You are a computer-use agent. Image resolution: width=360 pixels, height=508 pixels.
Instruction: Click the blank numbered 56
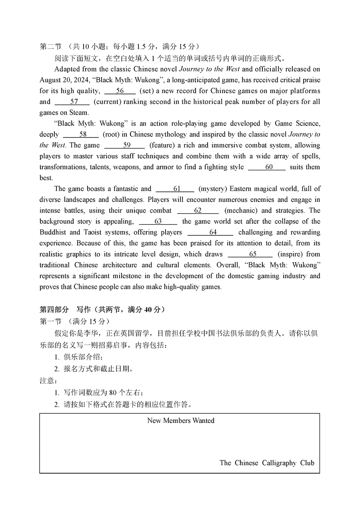coord(120,91)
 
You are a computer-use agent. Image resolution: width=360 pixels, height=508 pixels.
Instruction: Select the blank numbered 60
coord(267,167)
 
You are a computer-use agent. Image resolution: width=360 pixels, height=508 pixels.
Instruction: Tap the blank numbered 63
coord(158,221)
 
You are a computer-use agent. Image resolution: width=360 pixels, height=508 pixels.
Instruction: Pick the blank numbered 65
coord(250,254)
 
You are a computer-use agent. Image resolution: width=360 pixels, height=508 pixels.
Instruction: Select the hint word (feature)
coord(164,145)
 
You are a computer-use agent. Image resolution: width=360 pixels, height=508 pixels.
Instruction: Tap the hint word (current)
coord(107,102)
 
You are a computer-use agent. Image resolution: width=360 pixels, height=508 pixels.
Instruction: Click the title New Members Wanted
coord(181,420)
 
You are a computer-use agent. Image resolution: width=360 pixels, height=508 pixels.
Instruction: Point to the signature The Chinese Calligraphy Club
coord(267,463)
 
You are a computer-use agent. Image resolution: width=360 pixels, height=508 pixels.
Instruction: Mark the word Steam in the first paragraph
coord(79,113)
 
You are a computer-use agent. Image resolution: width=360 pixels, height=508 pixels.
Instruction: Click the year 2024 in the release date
coord(72,80)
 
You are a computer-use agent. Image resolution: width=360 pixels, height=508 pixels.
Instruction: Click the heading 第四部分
coord(54,309)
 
